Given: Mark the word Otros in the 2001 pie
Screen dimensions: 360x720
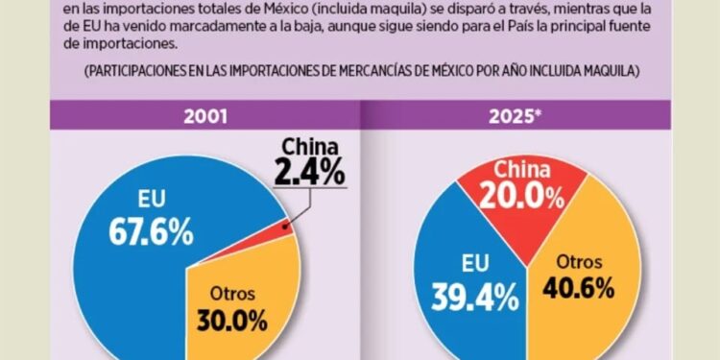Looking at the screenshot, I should point(228,291).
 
